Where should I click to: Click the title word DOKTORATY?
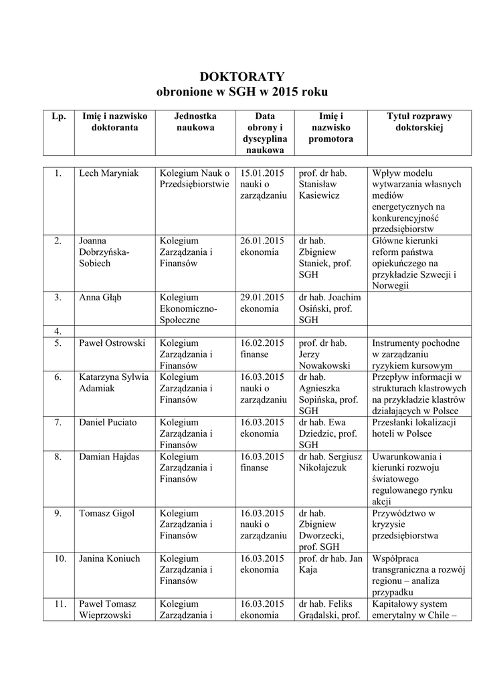click(x=242, y=76)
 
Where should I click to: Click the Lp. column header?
click(x=58, y=116)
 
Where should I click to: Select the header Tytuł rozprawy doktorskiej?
click(x=419, y=122)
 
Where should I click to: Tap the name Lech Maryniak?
click(x=109, y=173)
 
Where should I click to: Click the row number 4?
click(x=58, y=331)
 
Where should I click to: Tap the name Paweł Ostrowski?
click(x=112, y=343)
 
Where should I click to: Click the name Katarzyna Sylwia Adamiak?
click(x=113, y=382)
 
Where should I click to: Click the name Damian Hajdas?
click(x=110, y=456)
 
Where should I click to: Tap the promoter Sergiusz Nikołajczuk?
click(x=330, y=462)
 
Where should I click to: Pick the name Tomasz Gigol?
click(x=106, y=513)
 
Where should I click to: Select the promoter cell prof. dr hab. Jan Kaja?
click(x=330, y=564)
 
